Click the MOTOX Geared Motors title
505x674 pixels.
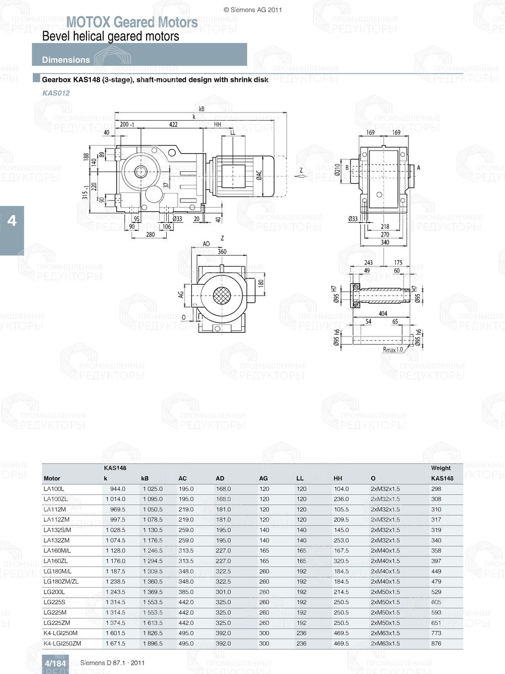pos(132,22)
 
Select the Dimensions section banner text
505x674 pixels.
pos(66,60)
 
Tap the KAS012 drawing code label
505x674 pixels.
pos(56,93)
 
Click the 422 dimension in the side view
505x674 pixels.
pos(173,124)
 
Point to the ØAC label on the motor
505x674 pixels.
pos(259,175)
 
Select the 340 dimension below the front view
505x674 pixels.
pos(385,243)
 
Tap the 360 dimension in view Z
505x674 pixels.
pos(222,252)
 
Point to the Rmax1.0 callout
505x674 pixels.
pos(393,350)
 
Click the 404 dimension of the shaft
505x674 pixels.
pos(383,314)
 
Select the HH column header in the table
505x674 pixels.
pos(338,478)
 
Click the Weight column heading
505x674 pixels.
pos(441,468)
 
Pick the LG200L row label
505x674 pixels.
pos(54,592)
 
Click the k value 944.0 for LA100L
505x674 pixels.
pos(118,489)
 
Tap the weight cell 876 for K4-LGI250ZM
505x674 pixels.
pos(436,643)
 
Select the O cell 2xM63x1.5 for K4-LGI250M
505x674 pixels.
pos(385,633)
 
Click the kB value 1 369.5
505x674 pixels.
pos(153,592)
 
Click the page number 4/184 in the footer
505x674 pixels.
pos(55,663)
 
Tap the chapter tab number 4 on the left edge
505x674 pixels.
pos(12,221)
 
